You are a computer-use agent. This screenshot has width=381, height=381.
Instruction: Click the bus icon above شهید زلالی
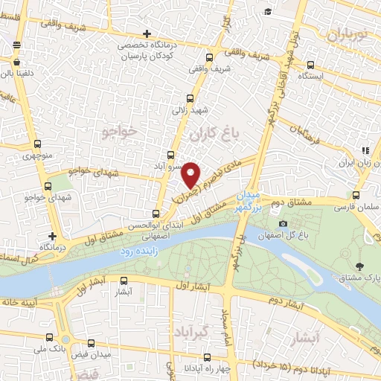[190, 97]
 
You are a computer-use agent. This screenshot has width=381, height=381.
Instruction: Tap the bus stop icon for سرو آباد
[170, 155]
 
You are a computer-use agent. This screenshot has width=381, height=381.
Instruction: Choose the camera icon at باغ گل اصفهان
[283, 223]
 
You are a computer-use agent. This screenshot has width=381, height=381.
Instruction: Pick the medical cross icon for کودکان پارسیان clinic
[147, 33]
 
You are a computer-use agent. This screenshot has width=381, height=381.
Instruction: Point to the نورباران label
[347, 34]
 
